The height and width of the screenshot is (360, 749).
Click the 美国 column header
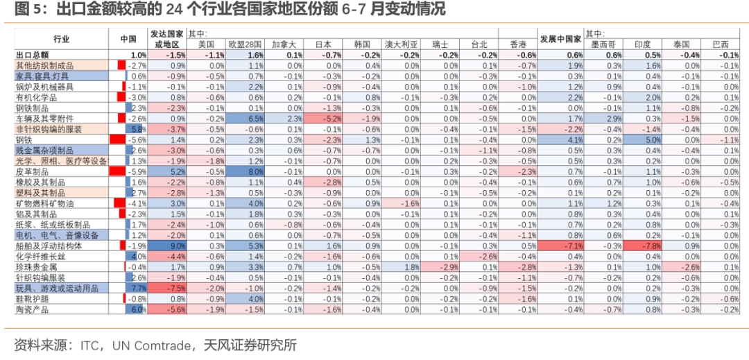pyautogui.click(x=207, y=44)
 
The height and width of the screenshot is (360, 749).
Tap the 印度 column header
pyautogui.click(x=642, y=44)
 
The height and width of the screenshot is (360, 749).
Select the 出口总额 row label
pyautogui.click(x=32, y=55)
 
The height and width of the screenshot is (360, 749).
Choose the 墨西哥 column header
pyautogui.click(x=603, y=44)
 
